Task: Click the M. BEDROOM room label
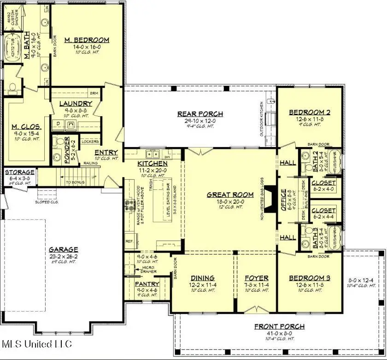coord(87,40)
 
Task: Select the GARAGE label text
coord(64,249)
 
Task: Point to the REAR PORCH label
coord(200,114)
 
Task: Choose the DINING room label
coord(203,278)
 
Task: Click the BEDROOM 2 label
coord(310,112)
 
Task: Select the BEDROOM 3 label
coord(310,278)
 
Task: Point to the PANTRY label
coord(147,283)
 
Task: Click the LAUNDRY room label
coord(76,104)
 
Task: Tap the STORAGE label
coord(18,172)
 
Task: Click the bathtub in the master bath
coord(13,49)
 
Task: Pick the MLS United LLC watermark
coord(37,343)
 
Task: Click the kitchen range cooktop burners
coord(128,205)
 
